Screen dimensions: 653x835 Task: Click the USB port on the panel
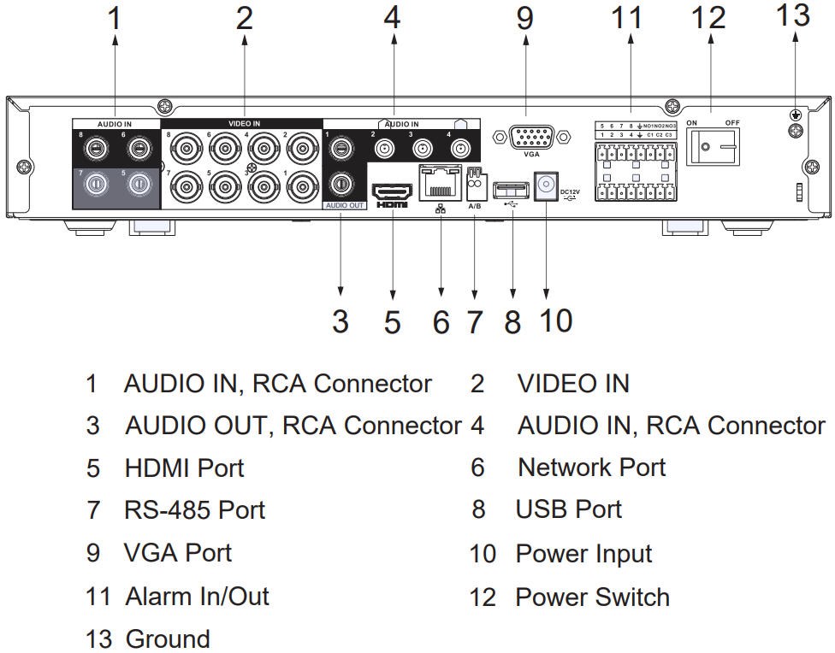512,184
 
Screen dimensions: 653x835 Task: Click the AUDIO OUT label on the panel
345,206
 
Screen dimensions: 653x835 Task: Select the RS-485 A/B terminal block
474,180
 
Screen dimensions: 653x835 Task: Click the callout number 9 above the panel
524,18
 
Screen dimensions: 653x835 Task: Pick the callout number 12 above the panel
709,18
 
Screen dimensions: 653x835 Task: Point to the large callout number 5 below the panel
392,322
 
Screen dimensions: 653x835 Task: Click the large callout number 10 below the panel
554,321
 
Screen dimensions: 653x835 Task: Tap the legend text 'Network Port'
591,468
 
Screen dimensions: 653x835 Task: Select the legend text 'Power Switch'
592,597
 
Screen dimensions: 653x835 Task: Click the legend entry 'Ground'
168,638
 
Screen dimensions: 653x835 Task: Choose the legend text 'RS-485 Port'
194,510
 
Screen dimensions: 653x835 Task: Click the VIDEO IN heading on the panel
245,124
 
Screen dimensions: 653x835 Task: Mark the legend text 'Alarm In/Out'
197,596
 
